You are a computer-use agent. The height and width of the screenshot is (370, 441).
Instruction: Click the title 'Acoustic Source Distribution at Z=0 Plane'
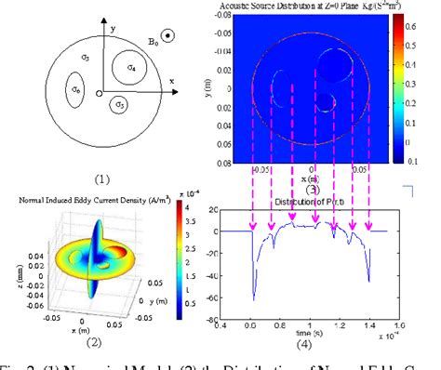(x=314, y=7)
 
